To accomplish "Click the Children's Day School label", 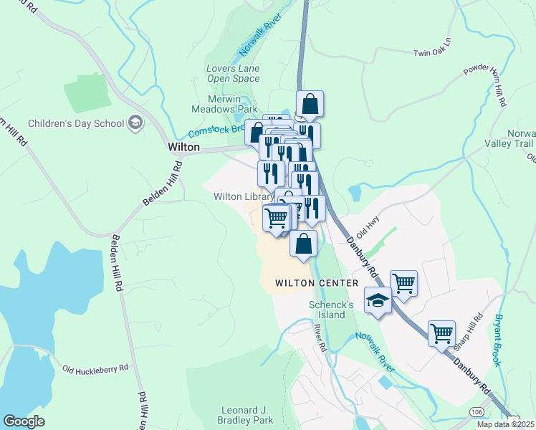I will point(76,123).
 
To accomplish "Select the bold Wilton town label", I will point(183,146).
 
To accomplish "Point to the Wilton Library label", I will point(244,196).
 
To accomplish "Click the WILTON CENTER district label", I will point(317,283).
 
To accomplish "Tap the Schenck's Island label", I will point(332,310).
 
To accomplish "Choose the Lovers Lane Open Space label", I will point(233,73).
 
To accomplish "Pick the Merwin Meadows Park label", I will point(223,104).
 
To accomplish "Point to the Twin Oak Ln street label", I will point(434,53).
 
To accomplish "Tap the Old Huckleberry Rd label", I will point(95,368).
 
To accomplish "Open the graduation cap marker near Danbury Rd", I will point(378,300).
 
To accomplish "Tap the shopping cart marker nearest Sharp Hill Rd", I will point(441,333).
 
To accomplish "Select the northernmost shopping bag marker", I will point(310,104).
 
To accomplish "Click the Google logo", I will point(24,421).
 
